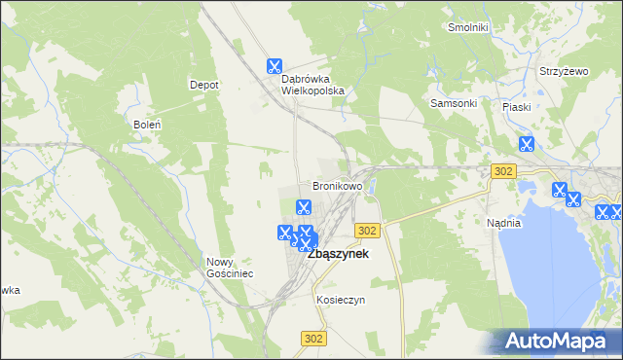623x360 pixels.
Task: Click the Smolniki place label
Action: point(467,27)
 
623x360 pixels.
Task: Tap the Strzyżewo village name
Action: point(565,71)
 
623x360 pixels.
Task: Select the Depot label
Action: point(203,85)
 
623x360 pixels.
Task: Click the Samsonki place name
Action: point(454,103)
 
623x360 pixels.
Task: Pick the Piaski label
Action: point(516,107)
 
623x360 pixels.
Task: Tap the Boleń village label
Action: point(146,125)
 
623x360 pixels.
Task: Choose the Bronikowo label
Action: point(337,185)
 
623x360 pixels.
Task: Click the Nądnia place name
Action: point(504,223)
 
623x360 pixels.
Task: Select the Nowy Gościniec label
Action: point(230,268)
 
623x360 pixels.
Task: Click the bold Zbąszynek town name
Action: point(338,253)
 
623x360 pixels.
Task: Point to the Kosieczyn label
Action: point(341,300)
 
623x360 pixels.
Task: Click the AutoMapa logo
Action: point(559,342)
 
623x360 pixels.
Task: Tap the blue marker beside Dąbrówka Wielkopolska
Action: point(275,67)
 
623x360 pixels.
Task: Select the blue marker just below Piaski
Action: point(527,145)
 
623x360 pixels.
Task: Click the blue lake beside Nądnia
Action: point(545,263)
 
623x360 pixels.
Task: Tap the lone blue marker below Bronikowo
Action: point(303,206)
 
